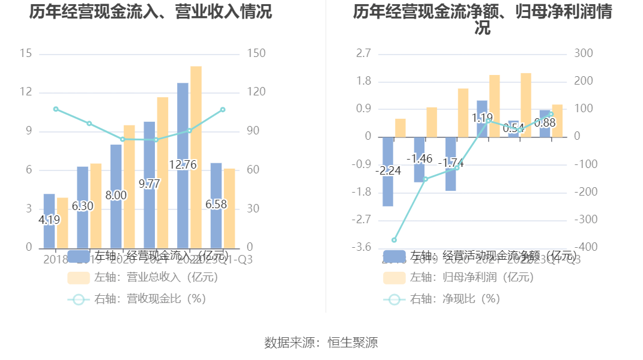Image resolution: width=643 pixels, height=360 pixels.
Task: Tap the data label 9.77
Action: pyautogui.click(x=149, y=184)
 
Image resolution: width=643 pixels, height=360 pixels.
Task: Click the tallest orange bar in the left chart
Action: pyautogui.click(x=196, y=156)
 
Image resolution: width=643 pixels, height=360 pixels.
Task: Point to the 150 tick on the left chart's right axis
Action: pyautogui.click(x=256, y=54)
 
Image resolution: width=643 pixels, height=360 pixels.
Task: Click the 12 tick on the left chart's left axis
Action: pyautogui.click(x=26, y=92)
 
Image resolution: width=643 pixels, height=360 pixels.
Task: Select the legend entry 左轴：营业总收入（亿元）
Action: pyautogui.click(x=143, y=278)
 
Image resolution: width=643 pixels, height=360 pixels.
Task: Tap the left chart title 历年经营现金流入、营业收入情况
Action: pyautogui.click(x=151, y=11)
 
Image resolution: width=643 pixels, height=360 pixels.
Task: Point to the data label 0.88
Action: pyautogui.click(x=545, y=123)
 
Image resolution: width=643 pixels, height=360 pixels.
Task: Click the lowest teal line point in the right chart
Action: pyautogui.click(x=394, y=240)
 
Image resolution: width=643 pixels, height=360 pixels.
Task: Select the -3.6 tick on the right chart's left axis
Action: pyautogui.click(x=364, y=248)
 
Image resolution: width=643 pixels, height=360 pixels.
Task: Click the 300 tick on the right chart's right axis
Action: pyautogui.click(x=583, y=54)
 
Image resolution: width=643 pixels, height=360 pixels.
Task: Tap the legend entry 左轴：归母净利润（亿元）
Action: pyautogui.click(x=459, y=278)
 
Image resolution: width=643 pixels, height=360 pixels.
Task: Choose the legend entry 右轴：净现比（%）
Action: pyautogui.click(x=442, y=299)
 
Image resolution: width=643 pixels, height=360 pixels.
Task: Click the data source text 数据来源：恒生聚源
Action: pyautogui.click(x=321, y=343)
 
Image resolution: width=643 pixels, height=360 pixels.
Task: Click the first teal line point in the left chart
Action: pyautogui.click(x=56, y=109)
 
